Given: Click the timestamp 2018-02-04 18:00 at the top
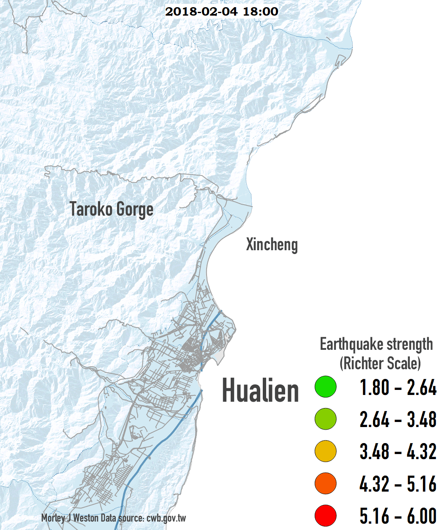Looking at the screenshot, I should [x=221, y=11].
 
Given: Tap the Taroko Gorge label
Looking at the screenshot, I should [x=111, y=209].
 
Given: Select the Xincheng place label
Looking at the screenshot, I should [x=272, y=244].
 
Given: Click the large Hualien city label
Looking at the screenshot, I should [x=260, y=390].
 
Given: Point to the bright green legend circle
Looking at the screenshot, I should [x=325, y=387].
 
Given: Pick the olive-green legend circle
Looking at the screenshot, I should [x=325, y=419].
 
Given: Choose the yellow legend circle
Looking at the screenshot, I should [x=325, y=451].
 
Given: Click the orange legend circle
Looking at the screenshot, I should [x=325, y=483].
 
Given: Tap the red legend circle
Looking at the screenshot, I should [x=325, y=515].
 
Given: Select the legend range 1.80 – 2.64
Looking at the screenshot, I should [x=398, y=387].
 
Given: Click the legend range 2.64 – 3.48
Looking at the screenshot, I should [x=398, y=419].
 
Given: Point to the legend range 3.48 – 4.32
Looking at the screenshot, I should [x=398, y=452].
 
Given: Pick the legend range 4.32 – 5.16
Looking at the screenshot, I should [x=398, y=484].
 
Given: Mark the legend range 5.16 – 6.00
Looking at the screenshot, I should [x=398, y=516].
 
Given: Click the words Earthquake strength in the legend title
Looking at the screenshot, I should [x=376, y=344].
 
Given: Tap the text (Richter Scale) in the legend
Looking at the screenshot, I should [x=380, y=363].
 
